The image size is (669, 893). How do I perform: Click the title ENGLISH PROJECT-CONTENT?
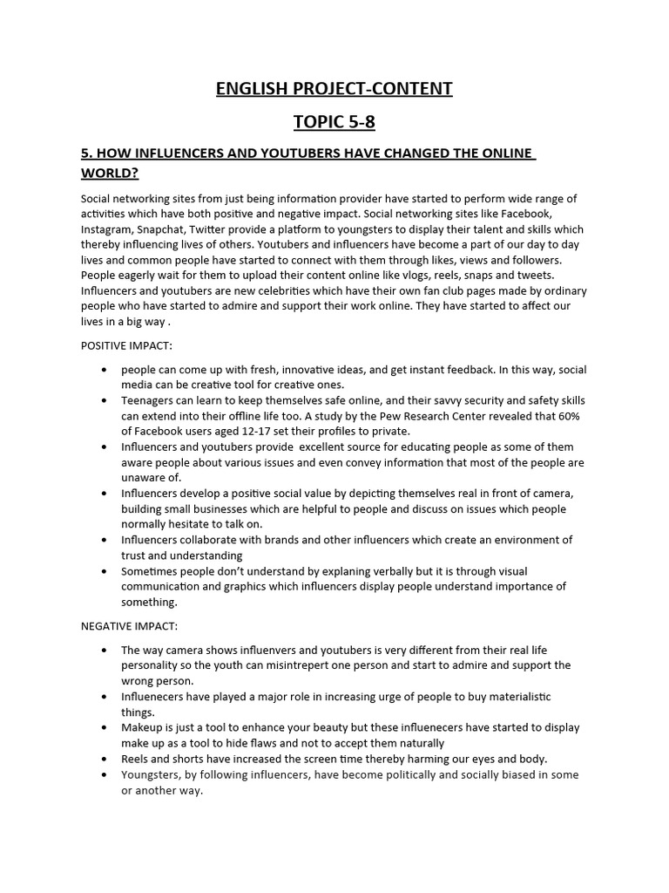pos(334,88)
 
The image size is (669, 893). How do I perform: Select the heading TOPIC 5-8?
pos(334,122)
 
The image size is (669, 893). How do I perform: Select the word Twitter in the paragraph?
pos(223,228)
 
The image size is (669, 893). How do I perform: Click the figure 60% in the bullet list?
pos(565,416)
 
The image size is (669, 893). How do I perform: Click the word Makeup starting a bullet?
pos(143,727)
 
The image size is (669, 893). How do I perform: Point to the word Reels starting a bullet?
pos(137,759)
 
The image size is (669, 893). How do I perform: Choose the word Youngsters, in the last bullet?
pos(154,774)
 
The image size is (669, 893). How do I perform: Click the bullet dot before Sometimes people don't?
pos(105,571)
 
